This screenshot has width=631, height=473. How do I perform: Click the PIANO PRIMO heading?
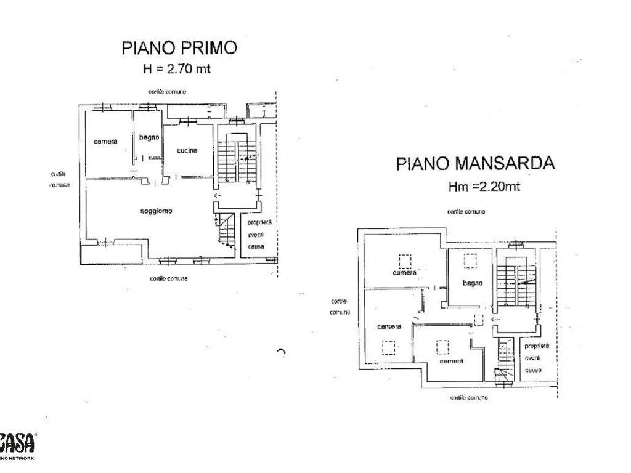coord(179,48)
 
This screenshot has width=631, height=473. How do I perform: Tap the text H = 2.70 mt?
coord(177,69)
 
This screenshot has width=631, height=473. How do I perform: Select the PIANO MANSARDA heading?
coord(475,164)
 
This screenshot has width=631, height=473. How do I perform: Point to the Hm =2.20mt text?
coord(484,187)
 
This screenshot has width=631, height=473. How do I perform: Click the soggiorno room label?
coord(156,211)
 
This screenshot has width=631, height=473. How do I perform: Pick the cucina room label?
coord(187,151)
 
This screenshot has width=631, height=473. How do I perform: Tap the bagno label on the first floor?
coord(149,137)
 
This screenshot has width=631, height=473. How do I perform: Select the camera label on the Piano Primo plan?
coord(105,142)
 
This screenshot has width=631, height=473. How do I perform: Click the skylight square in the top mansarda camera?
coord(404,260)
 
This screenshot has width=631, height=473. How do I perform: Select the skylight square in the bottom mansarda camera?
coord(442,348)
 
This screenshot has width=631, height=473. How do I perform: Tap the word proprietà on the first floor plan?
coord(259,223)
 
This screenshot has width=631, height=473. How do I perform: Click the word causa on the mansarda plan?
coord(532,370)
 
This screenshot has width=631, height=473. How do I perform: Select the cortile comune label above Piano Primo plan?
coord(166,92)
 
